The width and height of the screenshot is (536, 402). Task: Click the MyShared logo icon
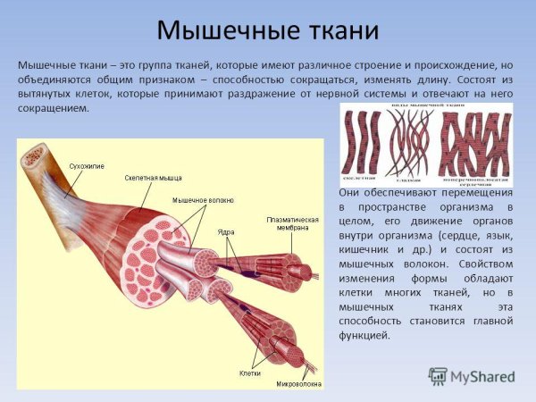click(438, 376)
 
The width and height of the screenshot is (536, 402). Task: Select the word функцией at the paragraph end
click(365, 335)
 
